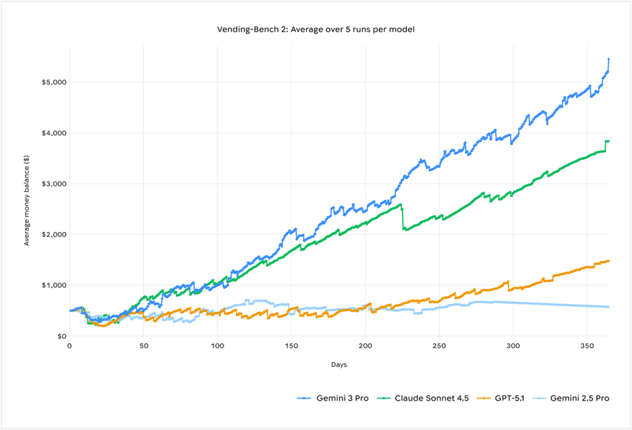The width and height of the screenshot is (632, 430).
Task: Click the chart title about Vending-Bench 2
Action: tap(315, 29)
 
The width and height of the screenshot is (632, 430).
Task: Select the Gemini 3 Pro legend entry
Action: tap(333, 398)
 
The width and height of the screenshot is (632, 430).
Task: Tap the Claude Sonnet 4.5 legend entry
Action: tap(423, 398)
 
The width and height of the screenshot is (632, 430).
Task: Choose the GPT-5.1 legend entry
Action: tap(501, 398)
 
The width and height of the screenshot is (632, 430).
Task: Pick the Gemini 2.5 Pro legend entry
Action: tap(571, 398)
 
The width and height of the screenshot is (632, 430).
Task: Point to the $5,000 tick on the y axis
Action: tap(54, 82)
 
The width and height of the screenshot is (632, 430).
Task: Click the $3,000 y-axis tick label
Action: tap(54, 183)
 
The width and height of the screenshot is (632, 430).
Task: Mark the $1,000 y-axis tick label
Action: tap(54, 285)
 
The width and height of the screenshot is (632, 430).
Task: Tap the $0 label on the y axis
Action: tap(61, 336)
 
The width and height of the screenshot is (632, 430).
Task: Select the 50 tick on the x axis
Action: tap(144, 345)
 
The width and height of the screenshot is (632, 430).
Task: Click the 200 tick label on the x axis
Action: tap(365, 345)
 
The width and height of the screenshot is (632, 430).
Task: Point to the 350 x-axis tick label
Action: tap(587, 345)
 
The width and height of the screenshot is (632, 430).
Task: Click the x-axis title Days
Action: tap(339, 365)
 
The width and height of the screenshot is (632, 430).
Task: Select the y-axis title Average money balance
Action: tap(27, 200)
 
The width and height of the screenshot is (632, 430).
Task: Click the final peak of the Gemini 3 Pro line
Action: tap(608, 59)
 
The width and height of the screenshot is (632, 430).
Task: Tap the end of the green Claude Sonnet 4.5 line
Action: tap(608, 141)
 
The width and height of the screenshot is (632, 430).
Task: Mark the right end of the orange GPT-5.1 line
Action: tap(608, 261)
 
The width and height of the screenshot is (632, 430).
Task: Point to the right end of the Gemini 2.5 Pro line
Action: tap(608, 307)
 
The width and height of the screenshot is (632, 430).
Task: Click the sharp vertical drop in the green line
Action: tap(402, 219)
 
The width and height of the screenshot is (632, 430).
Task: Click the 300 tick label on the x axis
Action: tap(513, 345)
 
